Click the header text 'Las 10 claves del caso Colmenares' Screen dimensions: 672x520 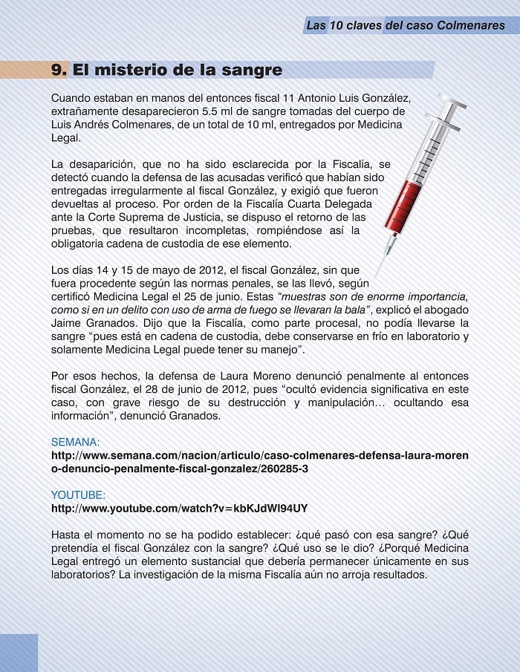click(405, 25)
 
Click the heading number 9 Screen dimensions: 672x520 click(59, 71)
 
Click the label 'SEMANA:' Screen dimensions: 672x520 click(75, 442)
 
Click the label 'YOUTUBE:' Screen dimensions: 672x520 click(77, 495)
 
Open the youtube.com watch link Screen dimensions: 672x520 click(179, 508)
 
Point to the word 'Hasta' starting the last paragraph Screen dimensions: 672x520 click(67, 535)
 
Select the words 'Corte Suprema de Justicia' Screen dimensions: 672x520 click(140, 217)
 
